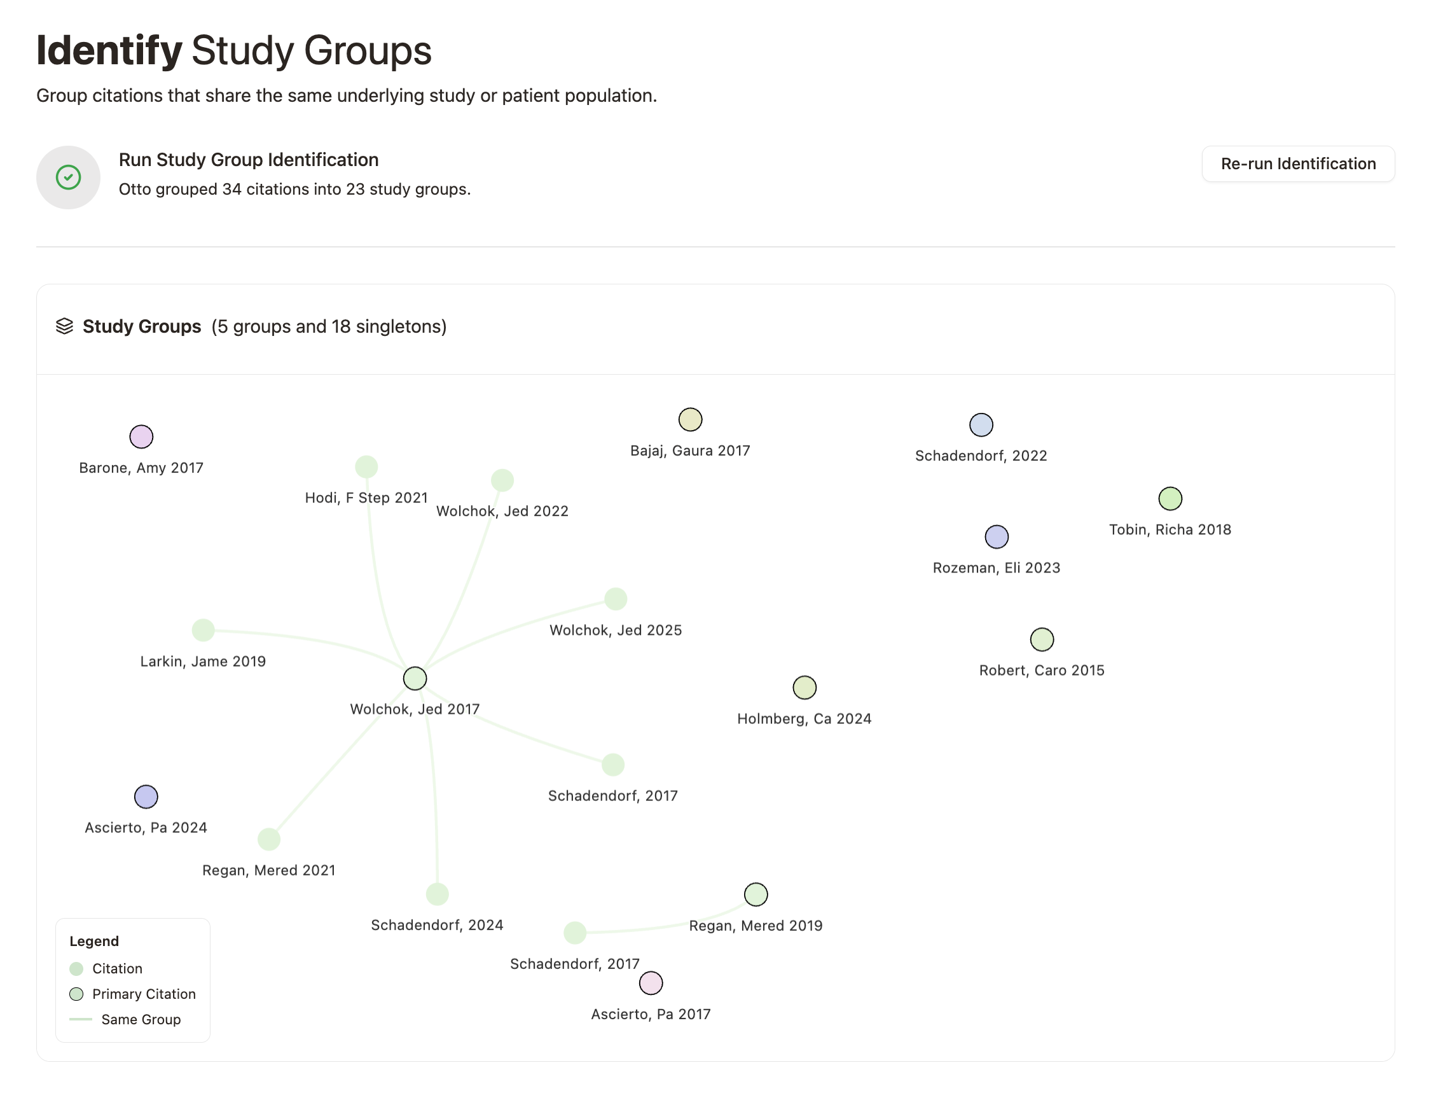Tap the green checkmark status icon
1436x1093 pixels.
[x=68, y=177]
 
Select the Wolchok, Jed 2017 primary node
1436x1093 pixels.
[x=414, y=678]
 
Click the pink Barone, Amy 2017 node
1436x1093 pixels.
[x=141, y=436]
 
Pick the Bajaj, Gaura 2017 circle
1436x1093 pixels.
[x=689, y=420]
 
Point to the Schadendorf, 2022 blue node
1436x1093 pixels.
[x=980, y=425]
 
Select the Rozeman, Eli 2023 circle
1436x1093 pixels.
[x=996, y=537]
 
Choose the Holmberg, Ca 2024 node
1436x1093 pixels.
[x=804, y=687]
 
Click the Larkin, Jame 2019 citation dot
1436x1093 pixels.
[x=203, y=630]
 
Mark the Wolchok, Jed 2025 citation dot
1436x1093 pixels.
[x=615, y=599]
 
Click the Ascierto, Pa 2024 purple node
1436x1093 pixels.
[x=146, y=797]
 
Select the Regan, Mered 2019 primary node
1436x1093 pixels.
[x=755, y=894]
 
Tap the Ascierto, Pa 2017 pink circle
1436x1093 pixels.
[x=651, y=982]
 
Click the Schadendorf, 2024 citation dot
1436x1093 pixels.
[x=437, y=894]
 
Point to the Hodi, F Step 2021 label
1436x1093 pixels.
[x=366, y=498]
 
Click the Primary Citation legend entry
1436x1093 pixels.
[x=143, y=994]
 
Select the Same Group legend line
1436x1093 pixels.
[x=81, y=1019]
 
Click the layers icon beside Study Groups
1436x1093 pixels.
[x=64, y=326]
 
